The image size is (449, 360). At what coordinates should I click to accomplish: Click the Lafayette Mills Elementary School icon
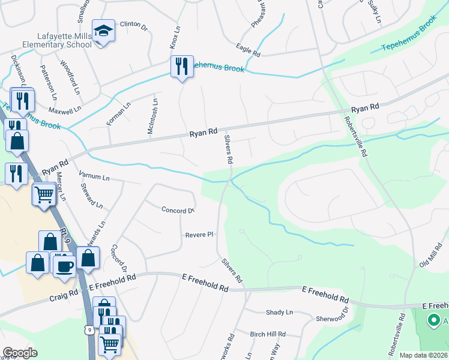coord(103,31)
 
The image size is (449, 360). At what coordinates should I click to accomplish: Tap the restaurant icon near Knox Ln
coord(182,66)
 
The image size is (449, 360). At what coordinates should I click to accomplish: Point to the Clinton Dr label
coord(133,25)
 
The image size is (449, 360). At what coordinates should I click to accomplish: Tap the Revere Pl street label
coord(199,235)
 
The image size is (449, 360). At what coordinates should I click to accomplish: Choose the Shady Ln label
coord(280,312)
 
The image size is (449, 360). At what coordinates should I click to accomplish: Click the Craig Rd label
coord(64,293)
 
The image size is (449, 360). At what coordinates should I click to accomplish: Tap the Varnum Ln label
coord(94,177)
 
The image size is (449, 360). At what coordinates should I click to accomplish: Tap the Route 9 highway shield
coord(89,329)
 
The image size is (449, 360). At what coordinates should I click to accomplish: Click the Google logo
coord(20,353)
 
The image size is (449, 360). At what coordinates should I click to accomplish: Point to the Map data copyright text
coord(424,355)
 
